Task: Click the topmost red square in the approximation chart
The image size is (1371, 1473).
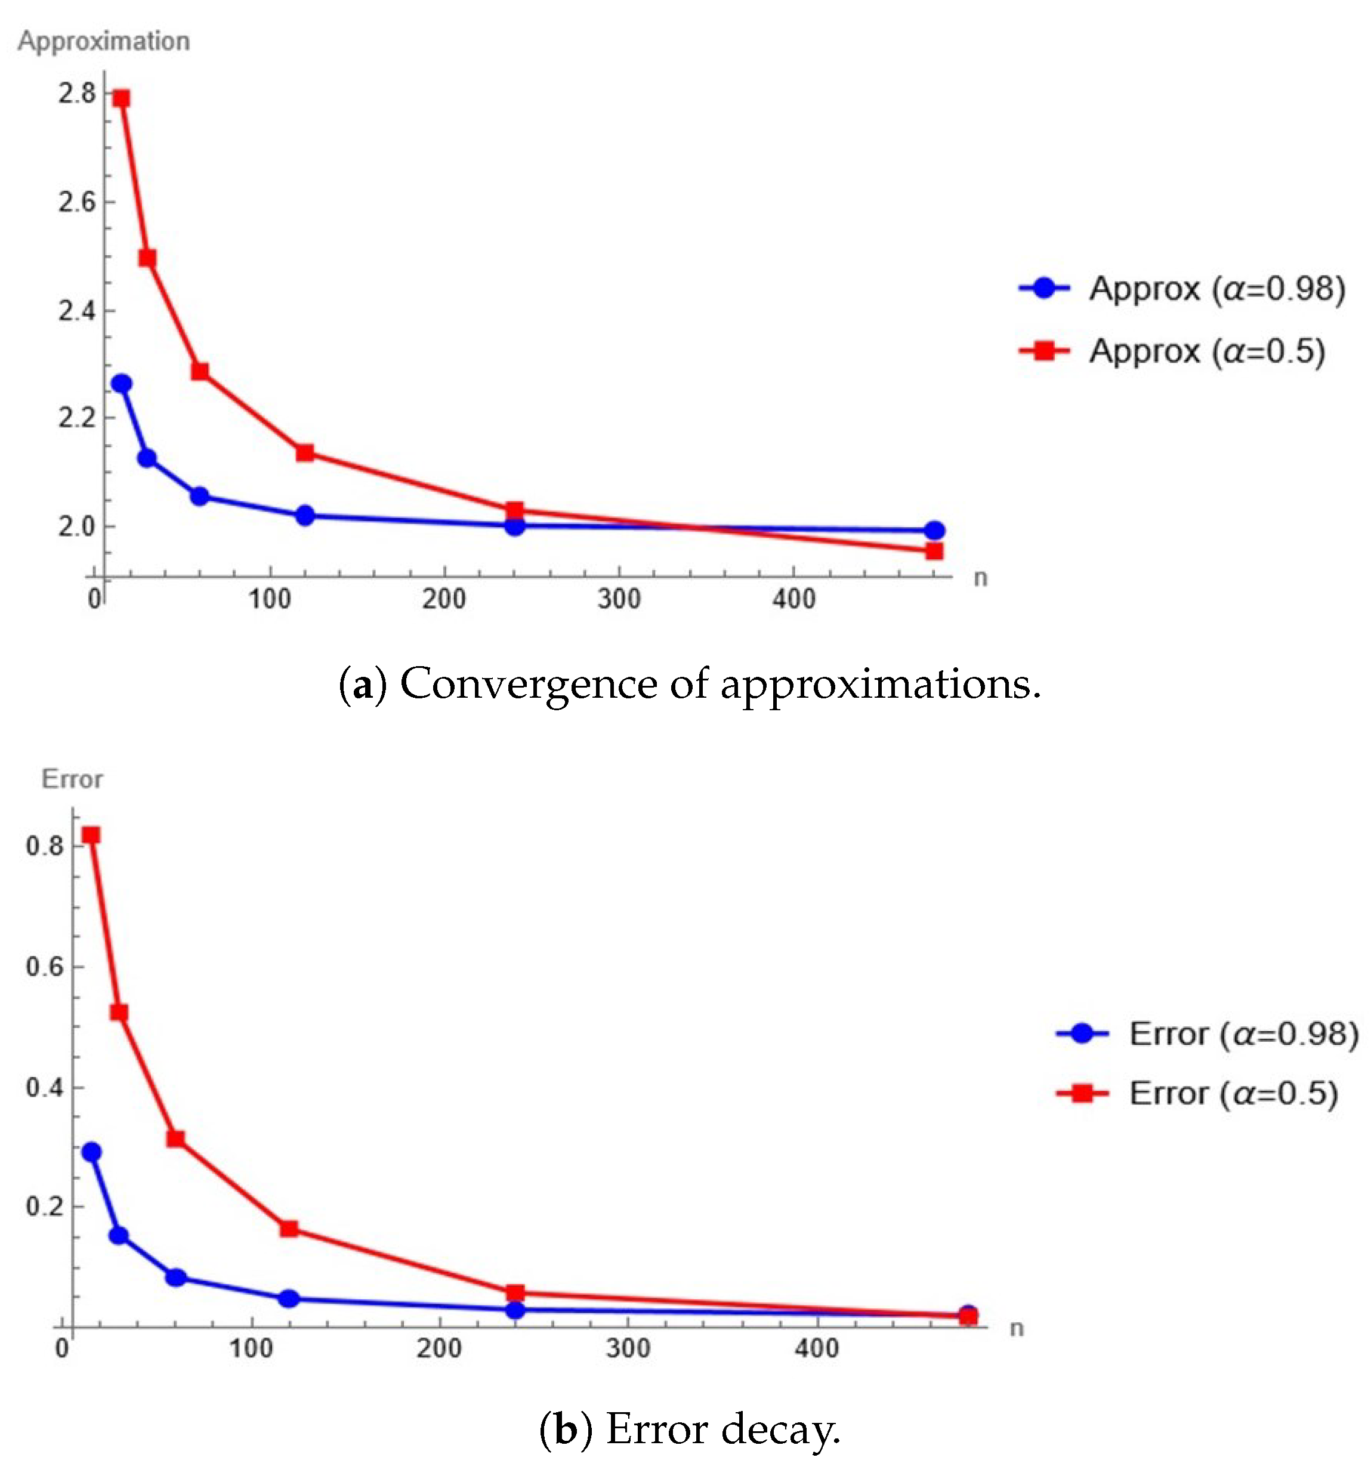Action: tap(121, 98)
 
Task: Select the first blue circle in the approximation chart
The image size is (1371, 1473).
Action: tap(121, 384)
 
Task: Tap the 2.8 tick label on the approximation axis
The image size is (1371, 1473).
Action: tap(77, 94)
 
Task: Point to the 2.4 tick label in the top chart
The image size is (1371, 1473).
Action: tap(77, 311)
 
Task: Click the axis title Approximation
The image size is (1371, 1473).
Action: tap(104, 41)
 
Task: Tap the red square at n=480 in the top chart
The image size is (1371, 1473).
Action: tap(934, 551)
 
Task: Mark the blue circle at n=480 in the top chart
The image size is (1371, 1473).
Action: tap(934, 531)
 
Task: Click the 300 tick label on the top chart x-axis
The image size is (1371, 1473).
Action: tap(619, 599)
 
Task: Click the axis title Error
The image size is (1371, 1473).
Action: tap(72, 779)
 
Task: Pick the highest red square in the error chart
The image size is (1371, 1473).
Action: tap(91, 835)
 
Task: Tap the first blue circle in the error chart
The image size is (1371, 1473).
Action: tap(91, 1152)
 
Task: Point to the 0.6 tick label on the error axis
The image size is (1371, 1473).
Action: tap(45, 967)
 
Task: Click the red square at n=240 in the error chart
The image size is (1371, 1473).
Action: tap(515, 1293)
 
